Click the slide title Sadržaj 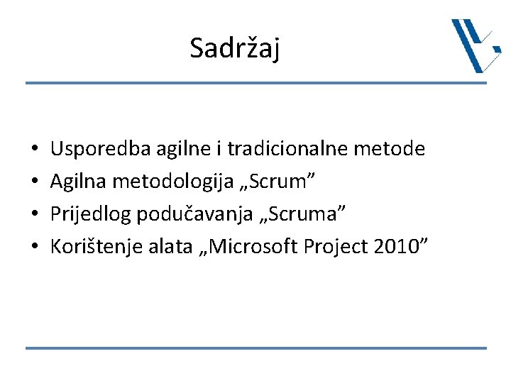pos(235,49)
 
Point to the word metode pos(390,149)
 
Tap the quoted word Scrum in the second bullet pos(281,182)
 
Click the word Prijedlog pos(87,214)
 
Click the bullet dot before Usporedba pos(35,150)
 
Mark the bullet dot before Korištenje pos(35,248)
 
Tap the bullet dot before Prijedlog pos(35,215)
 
